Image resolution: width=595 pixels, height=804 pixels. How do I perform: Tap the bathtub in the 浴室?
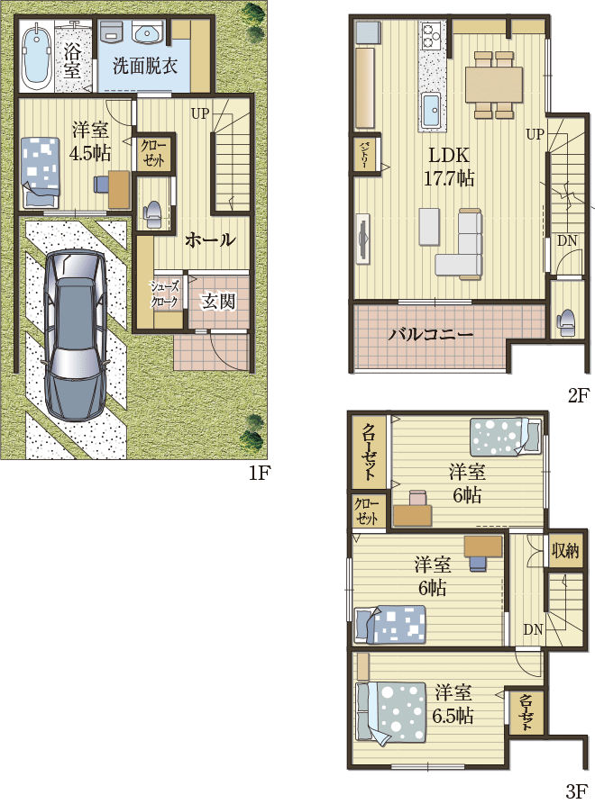(x=36, y=55)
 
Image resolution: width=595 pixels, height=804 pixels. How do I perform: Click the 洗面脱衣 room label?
(x=145, y=66)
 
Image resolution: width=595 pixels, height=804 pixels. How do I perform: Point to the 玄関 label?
(x=218, y=301)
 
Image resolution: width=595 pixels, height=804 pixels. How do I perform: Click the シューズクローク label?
(x=165, y=294)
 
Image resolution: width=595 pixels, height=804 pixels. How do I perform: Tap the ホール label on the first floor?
(x=210, y=239)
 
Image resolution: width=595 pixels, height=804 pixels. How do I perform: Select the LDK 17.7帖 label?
(x=449, y=167)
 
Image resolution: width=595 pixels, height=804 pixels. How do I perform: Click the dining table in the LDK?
(x=493, y=85)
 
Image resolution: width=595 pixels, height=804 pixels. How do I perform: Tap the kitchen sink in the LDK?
(x=431, y=110)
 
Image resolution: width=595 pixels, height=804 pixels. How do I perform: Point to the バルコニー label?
(x=430, y=334)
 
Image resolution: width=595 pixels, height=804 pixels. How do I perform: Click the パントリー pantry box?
(x=366, y=153)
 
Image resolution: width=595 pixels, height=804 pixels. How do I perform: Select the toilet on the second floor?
(x=566, y=322)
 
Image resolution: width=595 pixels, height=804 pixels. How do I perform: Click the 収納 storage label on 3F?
(x=564, y=550)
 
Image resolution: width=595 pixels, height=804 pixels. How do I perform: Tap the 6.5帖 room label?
(x=453, y=703)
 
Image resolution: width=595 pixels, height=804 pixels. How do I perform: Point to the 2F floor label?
(x=579, y=395)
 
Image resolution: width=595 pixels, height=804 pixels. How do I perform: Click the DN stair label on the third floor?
(x=533, y=629)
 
